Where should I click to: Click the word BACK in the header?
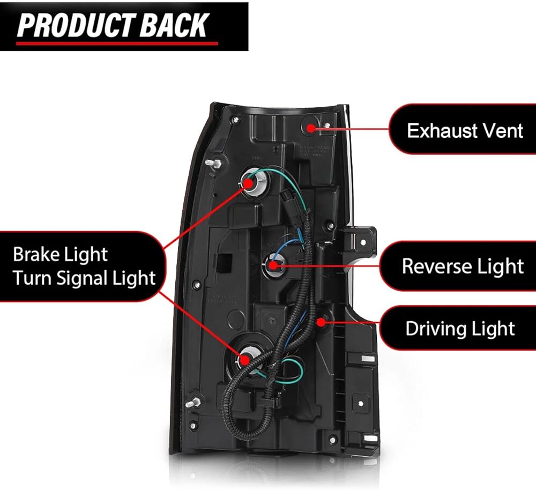point(174,25)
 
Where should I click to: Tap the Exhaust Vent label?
point(465,131)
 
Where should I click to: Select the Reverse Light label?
point(463,266)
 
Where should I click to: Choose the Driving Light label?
point(460,329)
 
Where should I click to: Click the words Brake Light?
point(60,255)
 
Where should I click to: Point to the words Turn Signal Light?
point(84,278)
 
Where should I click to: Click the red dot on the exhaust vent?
point(311,128)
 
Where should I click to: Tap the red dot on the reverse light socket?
point(273,265)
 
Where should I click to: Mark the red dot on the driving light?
point(321,322)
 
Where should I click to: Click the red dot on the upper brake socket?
point(249,182)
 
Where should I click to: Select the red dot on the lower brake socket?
point(244,359)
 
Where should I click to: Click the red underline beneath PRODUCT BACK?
point(117,43)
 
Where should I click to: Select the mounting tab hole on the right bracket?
point(363,242)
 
